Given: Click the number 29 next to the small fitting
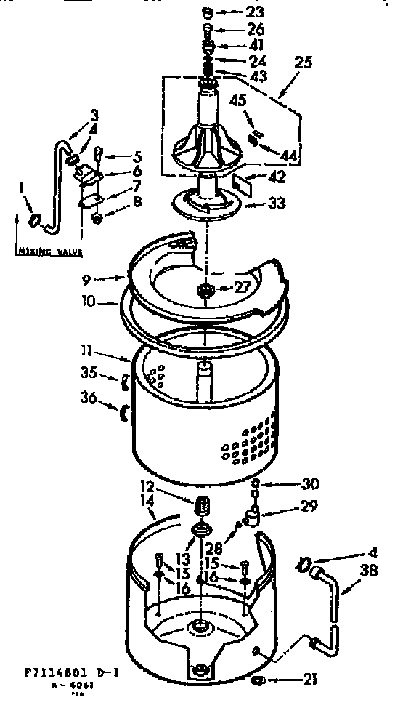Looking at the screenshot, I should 310,507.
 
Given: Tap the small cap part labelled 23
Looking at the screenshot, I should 208,12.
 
